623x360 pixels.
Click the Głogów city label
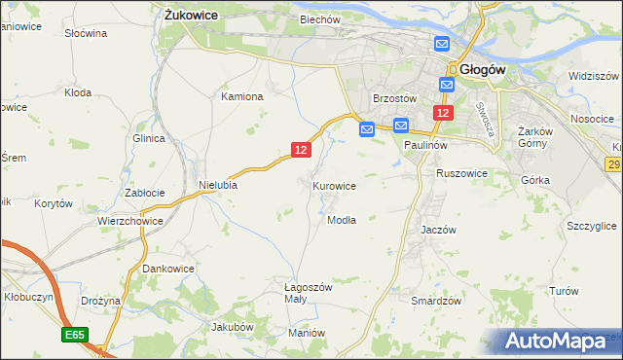point(480,69)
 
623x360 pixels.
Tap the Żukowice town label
point(191,16)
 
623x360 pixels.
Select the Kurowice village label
point(334,186)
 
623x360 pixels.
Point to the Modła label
point(342,220)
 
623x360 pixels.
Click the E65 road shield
point(75,335)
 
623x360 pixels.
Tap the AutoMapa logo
point(562,342)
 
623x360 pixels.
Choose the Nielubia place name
point(217,184)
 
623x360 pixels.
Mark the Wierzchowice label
point(129,221)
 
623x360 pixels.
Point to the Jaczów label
point(438,230)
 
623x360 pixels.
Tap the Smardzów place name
point(435,302)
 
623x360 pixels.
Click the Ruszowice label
point(461,173)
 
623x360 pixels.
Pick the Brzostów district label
point(395,99)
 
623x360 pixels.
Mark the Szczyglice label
point(591,226)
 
